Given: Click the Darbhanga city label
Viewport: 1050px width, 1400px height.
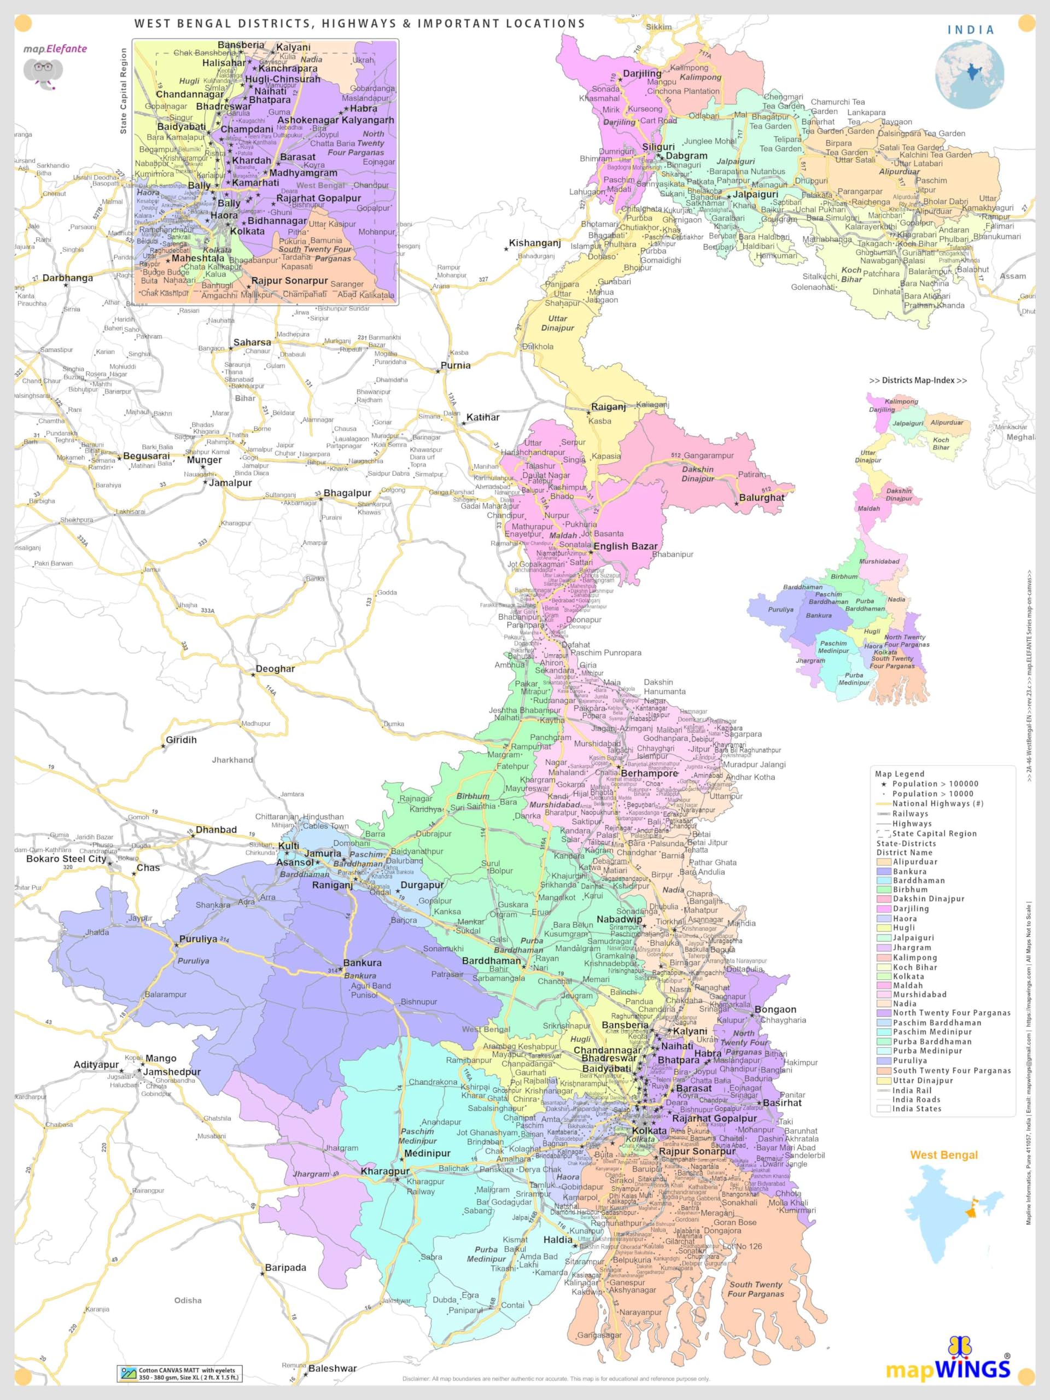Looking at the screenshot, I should [67, 278].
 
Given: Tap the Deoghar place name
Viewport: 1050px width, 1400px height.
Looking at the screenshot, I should [275, 668].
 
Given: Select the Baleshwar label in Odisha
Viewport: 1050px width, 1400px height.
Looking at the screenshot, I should [332, 1368].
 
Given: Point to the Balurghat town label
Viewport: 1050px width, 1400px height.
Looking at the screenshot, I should [761, 498].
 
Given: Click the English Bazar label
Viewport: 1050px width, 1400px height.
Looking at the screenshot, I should [625, 546].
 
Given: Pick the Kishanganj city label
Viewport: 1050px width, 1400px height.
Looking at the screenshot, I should [535, 243].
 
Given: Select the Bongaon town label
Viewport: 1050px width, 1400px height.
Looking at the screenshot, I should [775, 1009].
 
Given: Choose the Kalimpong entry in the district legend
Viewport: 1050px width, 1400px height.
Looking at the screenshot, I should [914, 957].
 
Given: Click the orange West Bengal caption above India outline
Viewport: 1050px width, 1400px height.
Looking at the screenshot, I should [944, 1154].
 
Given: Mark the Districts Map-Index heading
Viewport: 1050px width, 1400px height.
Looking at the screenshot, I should [918, 381].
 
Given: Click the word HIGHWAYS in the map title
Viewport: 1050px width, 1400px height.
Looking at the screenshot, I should [358, 24].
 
